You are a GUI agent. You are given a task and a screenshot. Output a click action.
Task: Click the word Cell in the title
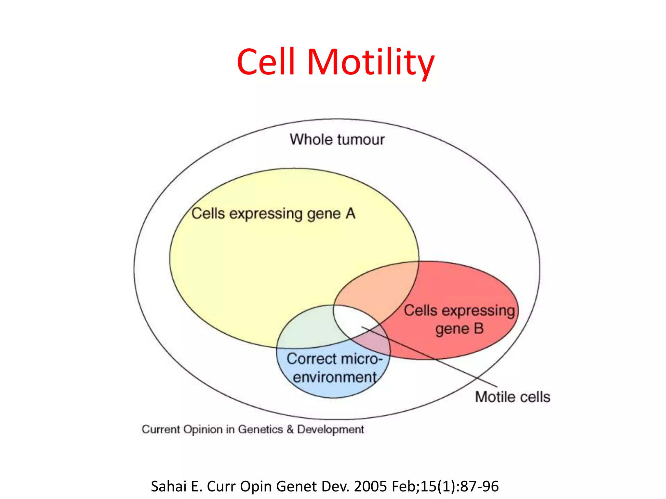click(x=266, y=62)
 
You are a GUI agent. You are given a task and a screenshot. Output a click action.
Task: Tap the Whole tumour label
click(x=337, y=140)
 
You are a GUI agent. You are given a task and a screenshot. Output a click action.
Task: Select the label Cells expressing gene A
click(x=273, y=214)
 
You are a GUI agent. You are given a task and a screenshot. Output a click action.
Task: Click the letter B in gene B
click(x=478, y=328)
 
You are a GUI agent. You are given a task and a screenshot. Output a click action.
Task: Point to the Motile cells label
click(x=513, y=397)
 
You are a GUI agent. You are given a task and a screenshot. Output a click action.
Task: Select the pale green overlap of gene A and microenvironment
click(x=309, y=328)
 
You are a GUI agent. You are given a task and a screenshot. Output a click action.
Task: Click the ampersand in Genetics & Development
click(x=290, y=429)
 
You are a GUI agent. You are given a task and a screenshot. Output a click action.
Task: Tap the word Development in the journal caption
click(x=330, y=429)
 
